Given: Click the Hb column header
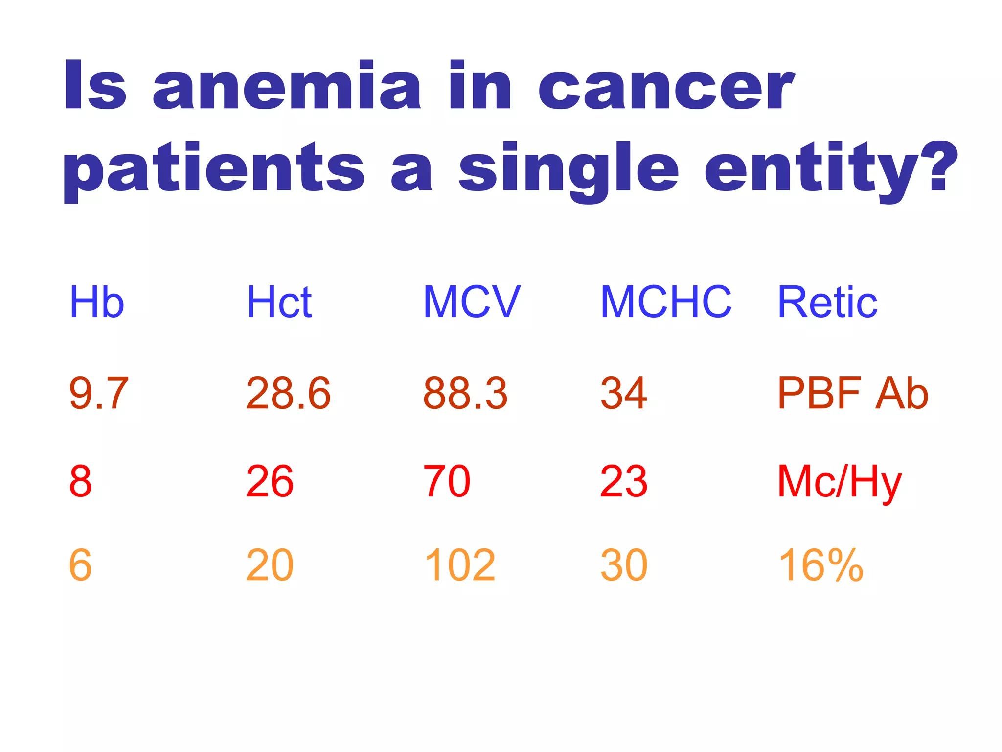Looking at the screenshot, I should click(97, 302).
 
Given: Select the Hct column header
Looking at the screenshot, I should click(279, 302).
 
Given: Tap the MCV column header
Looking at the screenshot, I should click(472, 302).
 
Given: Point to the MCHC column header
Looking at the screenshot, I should click(665, 302).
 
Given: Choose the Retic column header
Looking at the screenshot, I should click(827, 302).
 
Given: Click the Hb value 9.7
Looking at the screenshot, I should click(99, 393).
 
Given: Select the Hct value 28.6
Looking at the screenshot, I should click(288, 393).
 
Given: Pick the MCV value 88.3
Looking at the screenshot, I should click(465, 393).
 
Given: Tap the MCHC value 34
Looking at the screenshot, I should click(624, 393).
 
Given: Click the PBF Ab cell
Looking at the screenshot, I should click(853, 393).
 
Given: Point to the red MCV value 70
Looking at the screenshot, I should click(447, 482).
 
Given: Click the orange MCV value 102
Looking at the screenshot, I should click(460, 565).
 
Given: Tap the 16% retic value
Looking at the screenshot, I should click(821, 565).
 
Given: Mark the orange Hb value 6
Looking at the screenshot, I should click(81, 565).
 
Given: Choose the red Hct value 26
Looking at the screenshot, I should click(270, 482).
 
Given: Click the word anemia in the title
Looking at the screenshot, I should click(287, 87).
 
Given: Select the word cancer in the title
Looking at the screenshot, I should click(666, 87).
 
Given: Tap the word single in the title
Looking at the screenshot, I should click(569, 169).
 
